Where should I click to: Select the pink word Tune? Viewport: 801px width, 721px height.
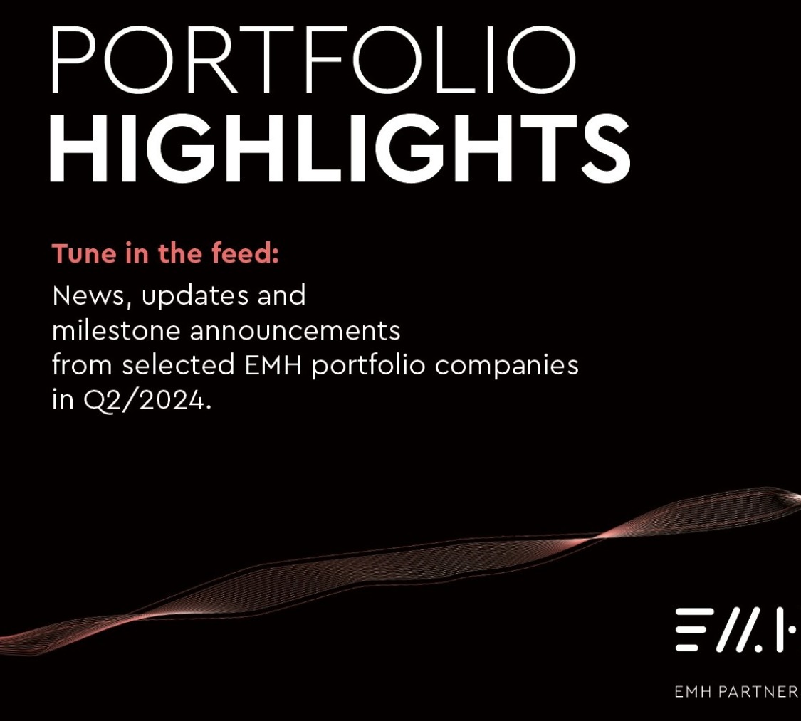tap(84, 254)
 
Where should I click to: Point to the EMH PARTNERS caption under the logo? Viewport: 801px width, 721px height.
tap(737, 692)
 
